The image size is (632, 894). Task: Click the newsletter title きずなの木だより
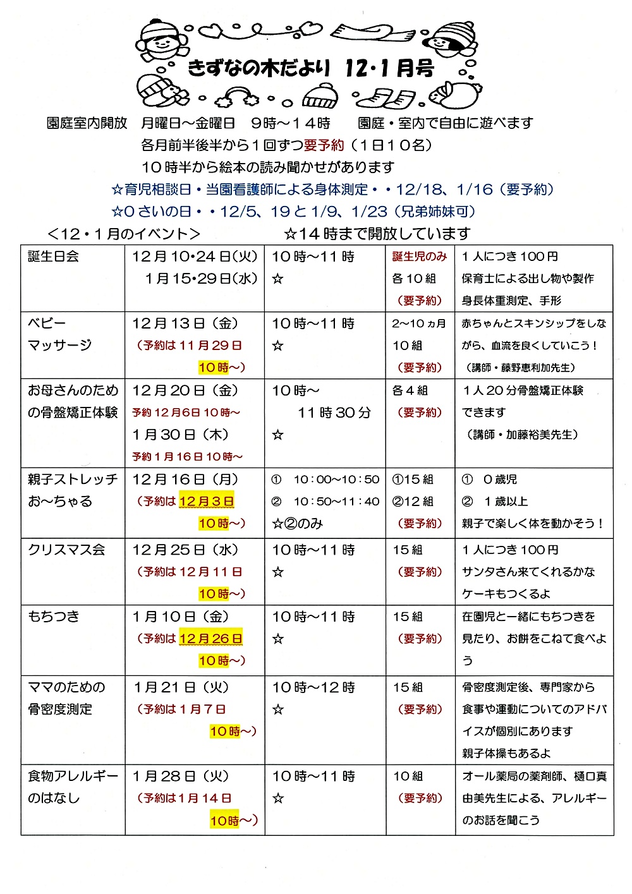259,68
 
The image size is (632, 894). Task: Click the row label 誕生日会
53,257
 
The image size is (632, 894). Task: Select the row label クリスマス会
66,550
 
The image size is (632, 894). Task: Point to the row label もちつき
54,617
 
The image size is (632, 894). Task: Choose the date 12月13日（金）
185,323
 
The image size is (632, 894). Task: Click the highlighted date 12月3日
207,502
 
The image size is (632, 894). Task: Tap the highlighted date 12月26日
210,639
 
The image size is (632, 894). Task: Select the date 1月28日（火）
181,776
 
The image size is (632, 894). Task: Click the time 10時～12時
313,687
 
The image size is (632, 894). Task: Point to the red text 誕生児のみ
420,257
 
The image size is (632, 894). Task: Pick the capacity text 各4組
410,390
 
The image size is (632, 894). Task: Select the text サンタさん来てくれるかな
528,572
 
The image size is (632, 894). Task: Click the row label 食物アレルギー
73,776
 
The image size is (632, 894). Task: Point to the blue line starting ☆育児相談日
332,190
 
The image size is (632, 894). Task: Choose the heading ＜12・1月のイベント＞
124,234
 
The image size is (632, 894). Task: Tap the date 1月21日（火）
181,687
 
